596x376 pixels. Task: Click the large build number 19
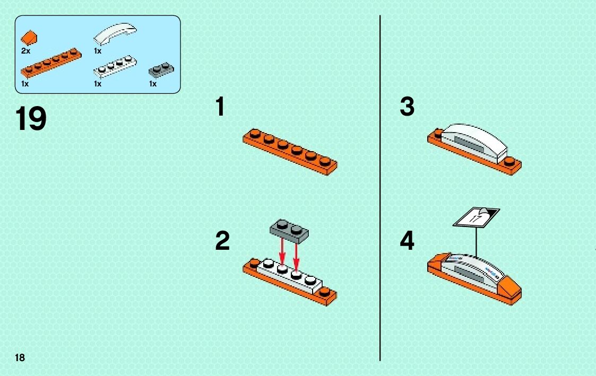[x=31, y=119]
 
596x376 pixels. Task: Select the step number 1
[x=220, y=107]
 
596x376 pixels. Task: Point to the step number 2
[x=222, y=242]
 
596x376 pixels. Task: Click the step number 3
[x=407, y=107]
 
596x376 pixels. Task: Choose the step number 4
[x=407, y=242]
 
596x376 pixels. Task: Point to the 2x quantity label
[x=26, y=51]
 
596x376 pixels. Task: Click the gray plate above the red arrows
[x=289, y=228]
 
